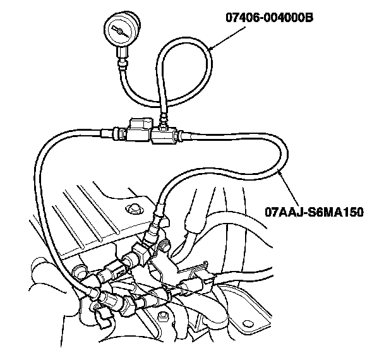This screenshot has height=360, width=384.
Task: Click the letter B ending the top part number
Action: point(309,17)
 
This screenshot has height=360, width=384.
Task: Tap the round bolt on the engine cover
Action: point(133,209)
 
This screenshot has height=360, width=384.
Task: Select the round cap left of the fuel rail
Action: point(78,272)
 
